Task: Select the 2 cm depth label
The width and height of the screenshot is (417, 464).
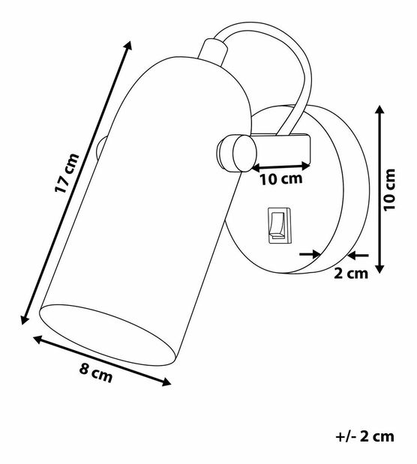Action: pyautogui.click(x=350, y=274)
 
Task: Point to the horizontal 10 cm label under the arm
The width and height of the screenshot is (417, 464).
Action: pyautogui.click(x=279, y=179)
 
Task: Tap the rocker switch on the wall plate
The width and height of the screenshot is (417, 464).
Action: pyautogui.click(x=275, y=226)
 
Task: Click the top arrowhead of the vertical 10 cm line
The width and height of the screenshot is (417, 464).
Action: pyautogui.click(x=381, y=107)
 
